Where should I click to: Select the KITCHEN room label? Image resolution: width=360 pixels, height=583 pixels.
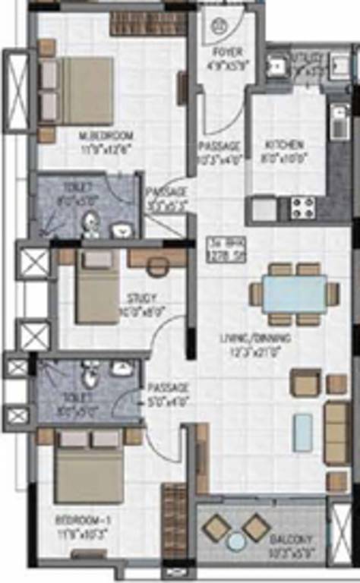(284, 144)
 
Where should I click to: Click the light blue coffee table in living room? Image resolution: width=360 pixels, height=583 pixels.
(303, 432)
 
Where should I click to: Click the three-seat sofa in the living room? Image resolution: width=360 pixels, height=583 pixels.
(336, 433)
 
